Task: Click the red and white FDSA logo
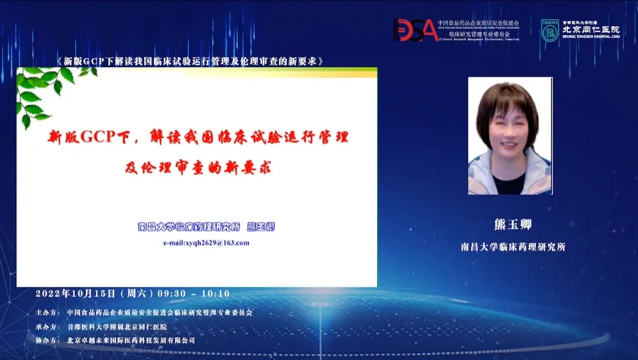[416, 30]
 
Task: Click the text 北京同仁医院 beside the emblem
[590, 30]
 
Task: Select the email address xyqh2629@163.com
[206, 243]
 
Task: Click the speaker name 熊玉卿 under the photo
[509, 226]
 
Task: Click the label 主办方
[47, 313]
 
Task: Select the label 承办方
[47, 327]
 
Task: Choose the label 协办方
[47, 340]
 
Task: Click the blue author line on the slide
[206, 227]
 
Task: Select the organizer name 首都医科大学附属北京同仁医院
[117, 327]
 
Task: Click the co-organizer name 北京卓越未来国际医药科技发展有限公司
[131, 340]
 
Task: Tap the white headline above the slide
[190, 61]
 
